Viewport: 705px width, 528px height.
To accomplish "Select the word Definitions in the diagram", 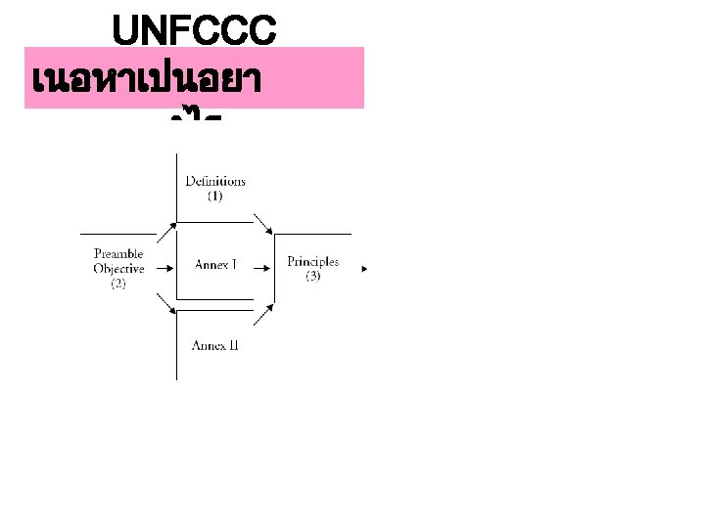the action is [215, 181].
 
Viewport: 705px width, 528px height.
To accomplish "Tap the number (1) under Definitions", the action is [215, 196].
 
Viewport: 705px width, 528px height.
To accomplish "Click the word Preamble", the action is [118, 255].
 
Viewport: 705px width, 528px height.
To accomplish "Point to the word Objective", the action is [118, 269].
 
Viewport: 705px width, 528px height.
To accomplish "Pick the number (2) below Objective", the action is [118, 284].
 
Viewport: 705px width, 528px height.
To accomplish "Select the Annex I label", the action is [215, 265].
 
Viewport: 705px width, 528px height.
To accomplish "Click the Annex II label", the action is [215, 345].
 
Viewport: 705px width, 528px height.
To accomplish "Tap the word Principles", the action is [312, 261].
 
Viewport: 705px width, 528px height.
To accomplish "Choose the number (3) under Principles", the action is [312, 277].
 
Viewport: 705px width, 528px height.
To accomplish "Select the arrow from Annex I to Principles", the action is [262, 265].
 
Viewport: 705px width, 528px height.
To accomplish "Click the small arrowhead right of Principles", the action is [365, 266].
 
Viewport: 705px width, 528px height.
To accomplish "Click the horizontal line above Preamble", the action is [117, 235].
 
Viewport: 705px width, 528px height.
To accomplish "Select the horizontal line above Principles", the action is [312, 235].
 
